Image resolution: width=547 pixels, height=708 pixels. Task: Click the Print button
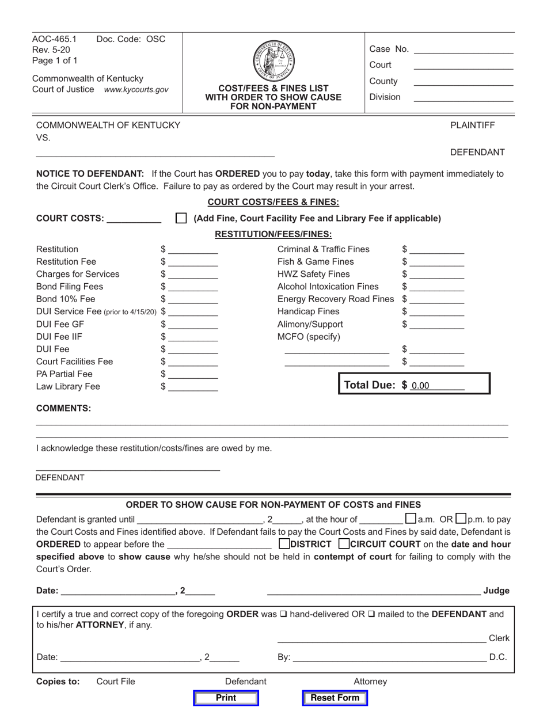point(226,698)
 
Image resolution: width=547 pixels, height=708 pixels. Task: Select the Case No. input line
point(463,49)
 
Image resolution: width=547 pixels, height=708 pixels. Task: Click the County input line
point(463,81)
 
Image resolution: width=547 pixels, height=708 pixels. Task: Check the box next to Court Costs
point(181,218)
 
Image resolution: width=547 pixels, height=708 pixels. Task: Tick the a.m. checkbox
point(411,518)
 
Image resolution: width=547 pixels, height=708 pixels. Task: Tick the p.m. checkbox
point(461,518)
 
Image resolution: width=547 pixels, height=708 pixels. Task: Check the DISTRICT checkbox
point(284,543)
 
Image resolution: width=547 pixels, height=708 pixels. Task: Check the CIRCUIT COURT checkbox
point(344,543)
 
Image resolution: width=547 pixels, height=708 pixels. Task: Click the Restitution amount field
point(193,249)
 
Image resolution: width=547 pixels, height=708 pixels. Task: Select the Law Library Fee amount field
point(193,387)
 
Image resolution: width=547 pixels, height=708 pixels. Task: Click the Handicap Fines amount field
point(436,311)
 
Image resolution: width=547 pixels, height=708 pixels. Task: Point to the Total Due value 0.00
point(420,386)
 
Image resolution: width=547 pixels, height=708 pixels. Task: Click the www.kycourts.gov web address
point(136,90)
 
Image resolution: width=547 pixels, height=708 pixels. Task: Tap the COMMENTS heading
point(63,408)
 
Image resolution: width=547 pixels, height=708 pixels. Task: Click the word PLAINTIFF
point(472,125)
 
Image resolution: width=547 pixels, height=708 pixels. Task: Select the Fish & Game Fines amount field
point(436,262)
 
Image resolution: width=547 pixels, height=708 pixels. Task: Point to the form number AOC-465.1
point(54,39)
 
